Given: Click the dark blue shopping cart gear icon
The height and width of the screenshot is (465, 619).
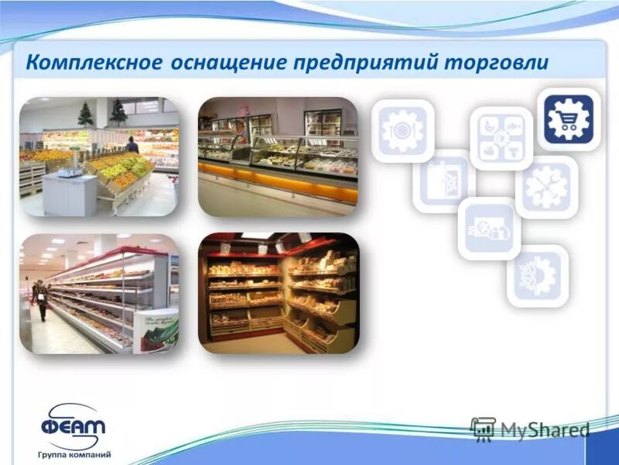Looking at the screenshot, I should [569, 119].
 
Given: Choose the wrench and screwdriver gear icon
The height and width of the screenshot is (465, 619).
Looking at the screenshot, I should [546, 187].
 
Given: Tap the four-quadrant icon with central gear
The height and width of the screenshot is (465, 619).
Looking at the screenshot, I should [501, 139].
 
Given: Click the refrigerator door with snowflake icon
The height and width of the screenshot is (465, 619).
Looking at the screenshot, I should [443, 181].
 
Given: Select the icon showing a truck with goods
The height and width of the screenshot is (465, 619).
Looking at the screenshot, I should [488, 229].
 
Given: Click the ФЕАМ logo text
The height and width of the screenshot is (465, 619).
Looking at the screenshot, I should [73, 425].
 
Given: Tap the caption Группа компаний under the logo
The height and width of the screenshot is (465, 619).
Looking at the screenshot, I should [74, 454].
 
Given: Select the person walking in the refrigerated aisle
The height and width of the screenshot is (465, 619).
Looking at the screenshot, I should [40, 299].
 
